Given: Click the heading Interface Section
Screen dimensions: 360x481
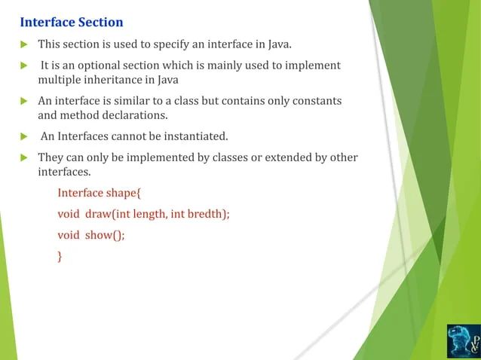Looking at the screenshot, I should pos(72,22).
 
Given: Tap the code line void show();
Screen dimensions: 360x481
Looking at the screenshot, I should pos(91,234).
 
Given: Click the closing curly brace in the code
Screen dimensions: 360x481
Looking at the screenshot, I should pos(60,256).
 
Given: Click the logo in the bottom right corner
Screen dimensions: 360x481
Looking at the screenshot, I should pos(462,340).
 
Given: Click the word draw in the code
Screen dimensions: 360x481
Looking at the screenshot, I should pos(98,213).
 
